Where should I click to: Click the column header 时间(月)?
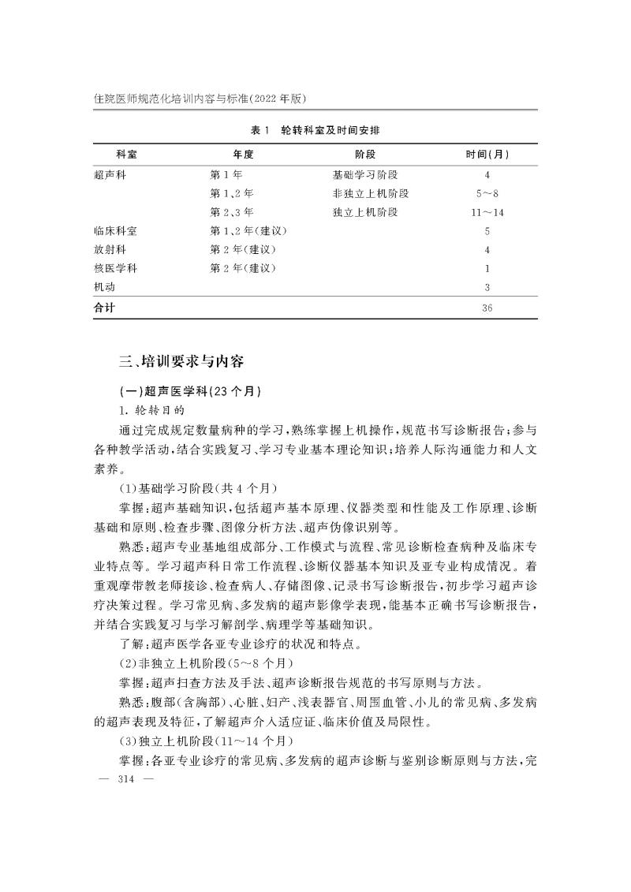(x=487, y=154)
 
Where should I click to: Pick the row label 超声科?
(x=110, y=174)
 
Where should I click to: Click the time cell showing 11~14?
(x=487, y=212)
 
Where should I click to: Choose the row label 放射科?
(x=110, y=250)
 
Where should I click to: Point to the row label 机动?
(x=105, y=288)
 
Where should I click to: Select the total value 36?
(x=487, y=308)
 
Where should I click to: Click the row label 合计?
(x=105, y=308)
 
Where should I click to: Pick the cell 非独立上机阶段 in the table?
(x=371, y=193)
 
